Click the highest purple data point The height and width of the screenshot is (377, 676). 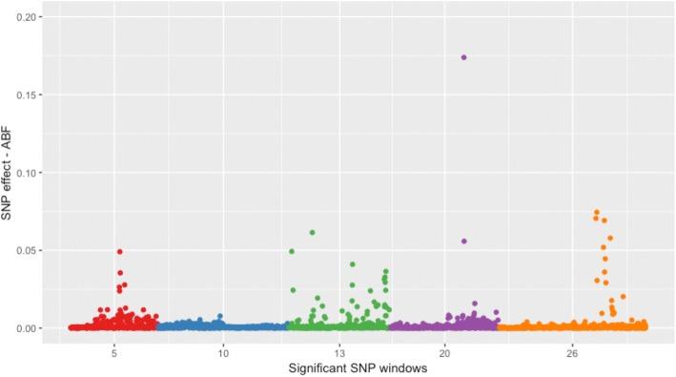[463, 57]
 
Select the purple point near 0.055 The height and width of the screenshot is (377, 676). [464, 241]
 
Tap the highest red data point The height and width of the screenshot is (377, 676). [120, 252]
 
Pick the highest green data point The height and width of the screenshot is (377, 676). [312, 233]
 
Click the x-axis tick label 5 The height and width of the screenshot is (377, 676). [114, 350]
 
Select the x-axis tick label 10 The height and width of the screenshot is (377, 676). [223, 350]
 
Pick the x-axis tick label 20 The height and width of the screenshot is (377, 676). [445, 350]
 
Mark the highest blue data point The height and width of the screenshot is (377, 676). [220, 316]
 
